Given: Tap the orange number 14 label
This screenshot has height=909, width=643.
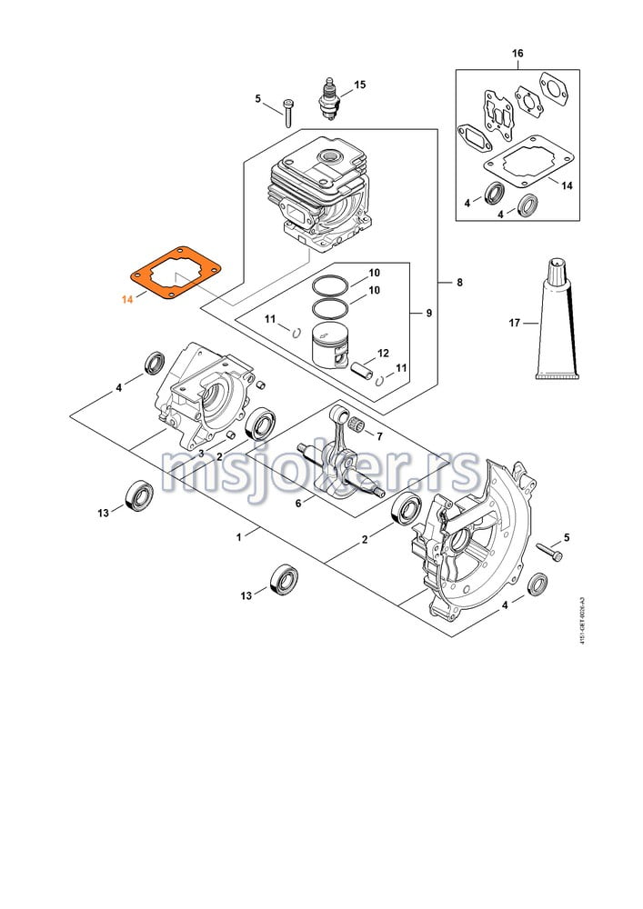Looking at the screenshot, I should pos(127,298).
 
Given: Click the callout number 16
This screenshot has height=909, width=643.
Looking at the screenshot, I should pos(517,54).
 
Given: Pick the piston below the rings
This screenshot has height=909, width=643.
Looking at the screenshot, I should pos(329,345).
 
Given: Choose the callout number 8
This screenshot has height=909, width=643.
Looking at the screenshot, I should pos(459,283).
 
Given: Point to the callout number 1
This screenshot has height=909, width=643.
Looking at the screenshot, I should pos(239,537).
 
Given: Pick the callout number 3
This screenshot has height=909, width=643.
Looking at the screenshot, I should pos(200,454).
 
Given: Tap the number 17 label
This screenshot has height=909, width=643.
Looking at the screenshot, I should pos(515,323).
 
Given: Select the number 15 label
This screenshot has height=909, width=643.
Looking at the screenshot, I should pos(359,85).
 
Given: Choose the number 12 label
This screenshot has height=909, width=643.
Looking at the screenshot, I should pos(383,354).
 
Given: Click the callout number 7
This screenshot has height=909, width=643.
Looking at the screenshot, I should pos(379,435).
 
